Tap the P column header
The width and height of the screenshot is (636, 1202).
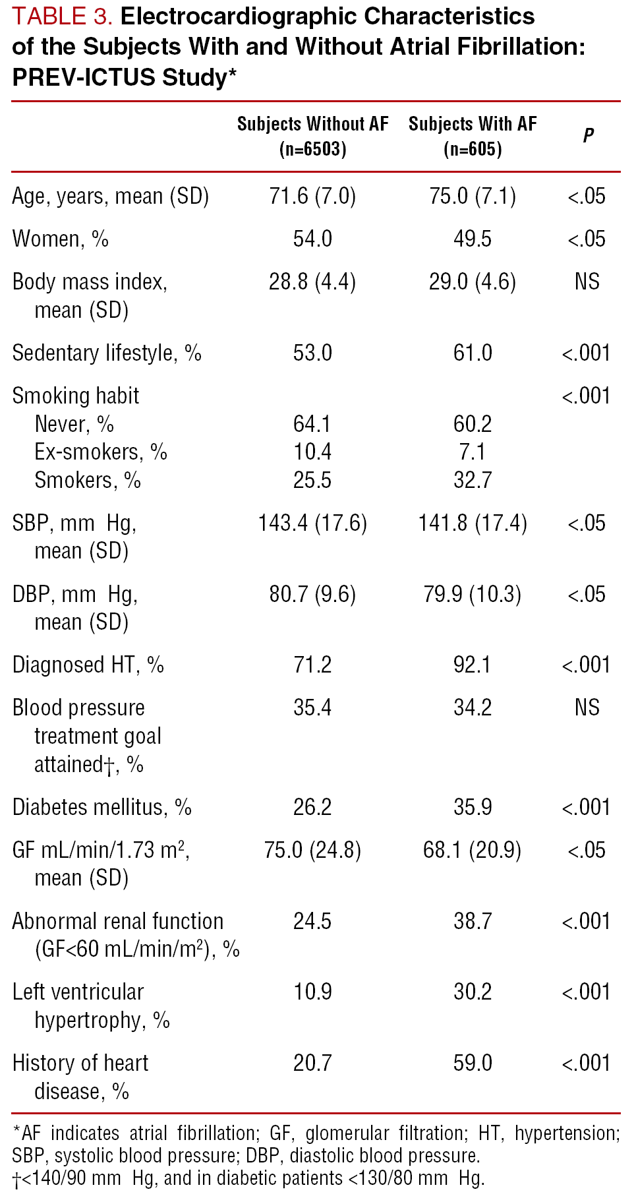pos(588,136)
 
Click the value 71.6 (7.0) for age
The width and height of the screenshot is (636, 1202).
pos(312,196)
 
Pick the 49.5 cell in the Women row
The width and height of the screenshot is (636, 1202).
pos(473,239)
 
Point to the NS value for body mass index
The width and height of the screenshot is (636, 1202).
pos(587,282)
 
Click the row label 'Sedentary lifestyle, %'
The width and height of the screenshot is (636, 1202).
pos(107,353)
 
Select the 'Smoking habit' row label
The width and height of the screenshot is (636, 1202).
pos(76,396)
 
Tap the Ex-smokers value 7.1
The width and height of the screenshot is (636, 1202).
pos(473,452)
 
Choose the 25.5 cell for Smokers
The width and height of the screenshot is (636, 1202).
pos(312,481)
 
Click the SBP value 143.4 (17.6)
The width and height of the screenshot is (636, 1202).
pos(312,524)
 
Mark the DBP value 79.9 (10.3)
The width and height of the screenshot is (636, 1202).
pos(473,595)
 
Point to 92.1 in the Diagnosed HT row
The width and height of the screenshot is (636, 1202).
pos(473,665)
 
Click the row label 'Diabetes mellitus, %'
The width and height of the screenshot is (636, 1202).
pos(102,808)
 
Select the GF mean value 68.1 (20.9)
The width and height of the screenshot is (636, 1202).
pos(473,851)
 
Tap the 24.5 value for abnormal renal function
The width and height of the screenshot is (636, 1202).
pos(312,922)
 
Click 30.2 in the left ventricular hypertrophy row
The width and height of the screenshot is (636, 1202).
pos(473,992)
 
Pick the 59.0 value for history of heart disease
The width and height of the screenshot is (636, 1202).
pos(473,1064)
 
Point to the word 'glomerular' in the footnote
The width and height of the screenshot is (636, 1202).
pos(346,1133)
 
